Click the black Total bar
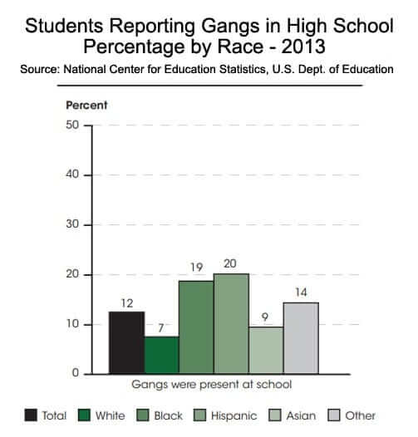pyautogui.click(x=126, y=342)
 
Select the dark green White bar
pyautogui.click(x=162, y=355)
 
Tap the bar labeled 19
pyautogui.click(x=196, y=327)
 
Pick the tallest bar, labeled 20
pyautogui.click(x=231, y=323)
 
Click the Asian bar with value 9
pyautogui.click(x=266, y=351)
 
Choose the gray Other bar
pyautogui.click(x=301, y=338)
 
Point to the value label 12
pyautogui.click(x=127, y=303)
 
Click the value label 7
pyautogui.click(x=161, y=328)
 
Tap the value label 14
pyautogui.click(x=301, y=292)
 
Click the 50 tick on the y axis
pyautogui.click(x=72, y=125)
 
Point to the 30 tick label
pyautogui.click(x=72, y=224)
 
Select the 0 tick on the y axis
pyautogui.click(x=76, y=373)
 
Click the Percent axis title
pyautogui.click(x=86, y=106)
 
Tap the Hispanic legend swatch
pyautogui.click(x=199, y=415)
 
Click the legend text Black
pyautogui.click(x=169, y=415)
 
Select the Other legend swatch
pyautogui.click(x=334, y=415)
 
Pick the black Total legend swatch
pyautogui.click(x=31, y=415)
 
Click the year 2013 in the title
pyautogui.click(x=303, y=47)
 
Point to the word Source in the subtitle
pyautogui.click(x=40, y=69)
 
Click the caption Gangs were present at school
pyautogui.click(x=212, y=385)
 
